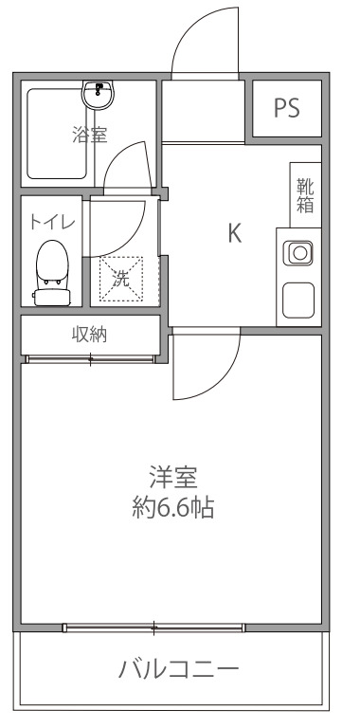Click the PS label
(286, 108)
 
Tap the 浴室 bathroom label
(89, 134)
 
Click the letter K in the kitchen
(234, 233)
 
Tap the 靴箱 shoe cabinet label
(305, 195)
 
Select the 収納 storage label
(89, 333)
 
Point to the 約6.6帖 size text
(171, 507)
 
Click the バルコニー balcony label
(178, 670)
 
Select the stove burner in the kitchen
(299, 252)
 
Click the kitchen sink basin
(299, 300)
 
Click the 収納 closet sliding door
(89, 358)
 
